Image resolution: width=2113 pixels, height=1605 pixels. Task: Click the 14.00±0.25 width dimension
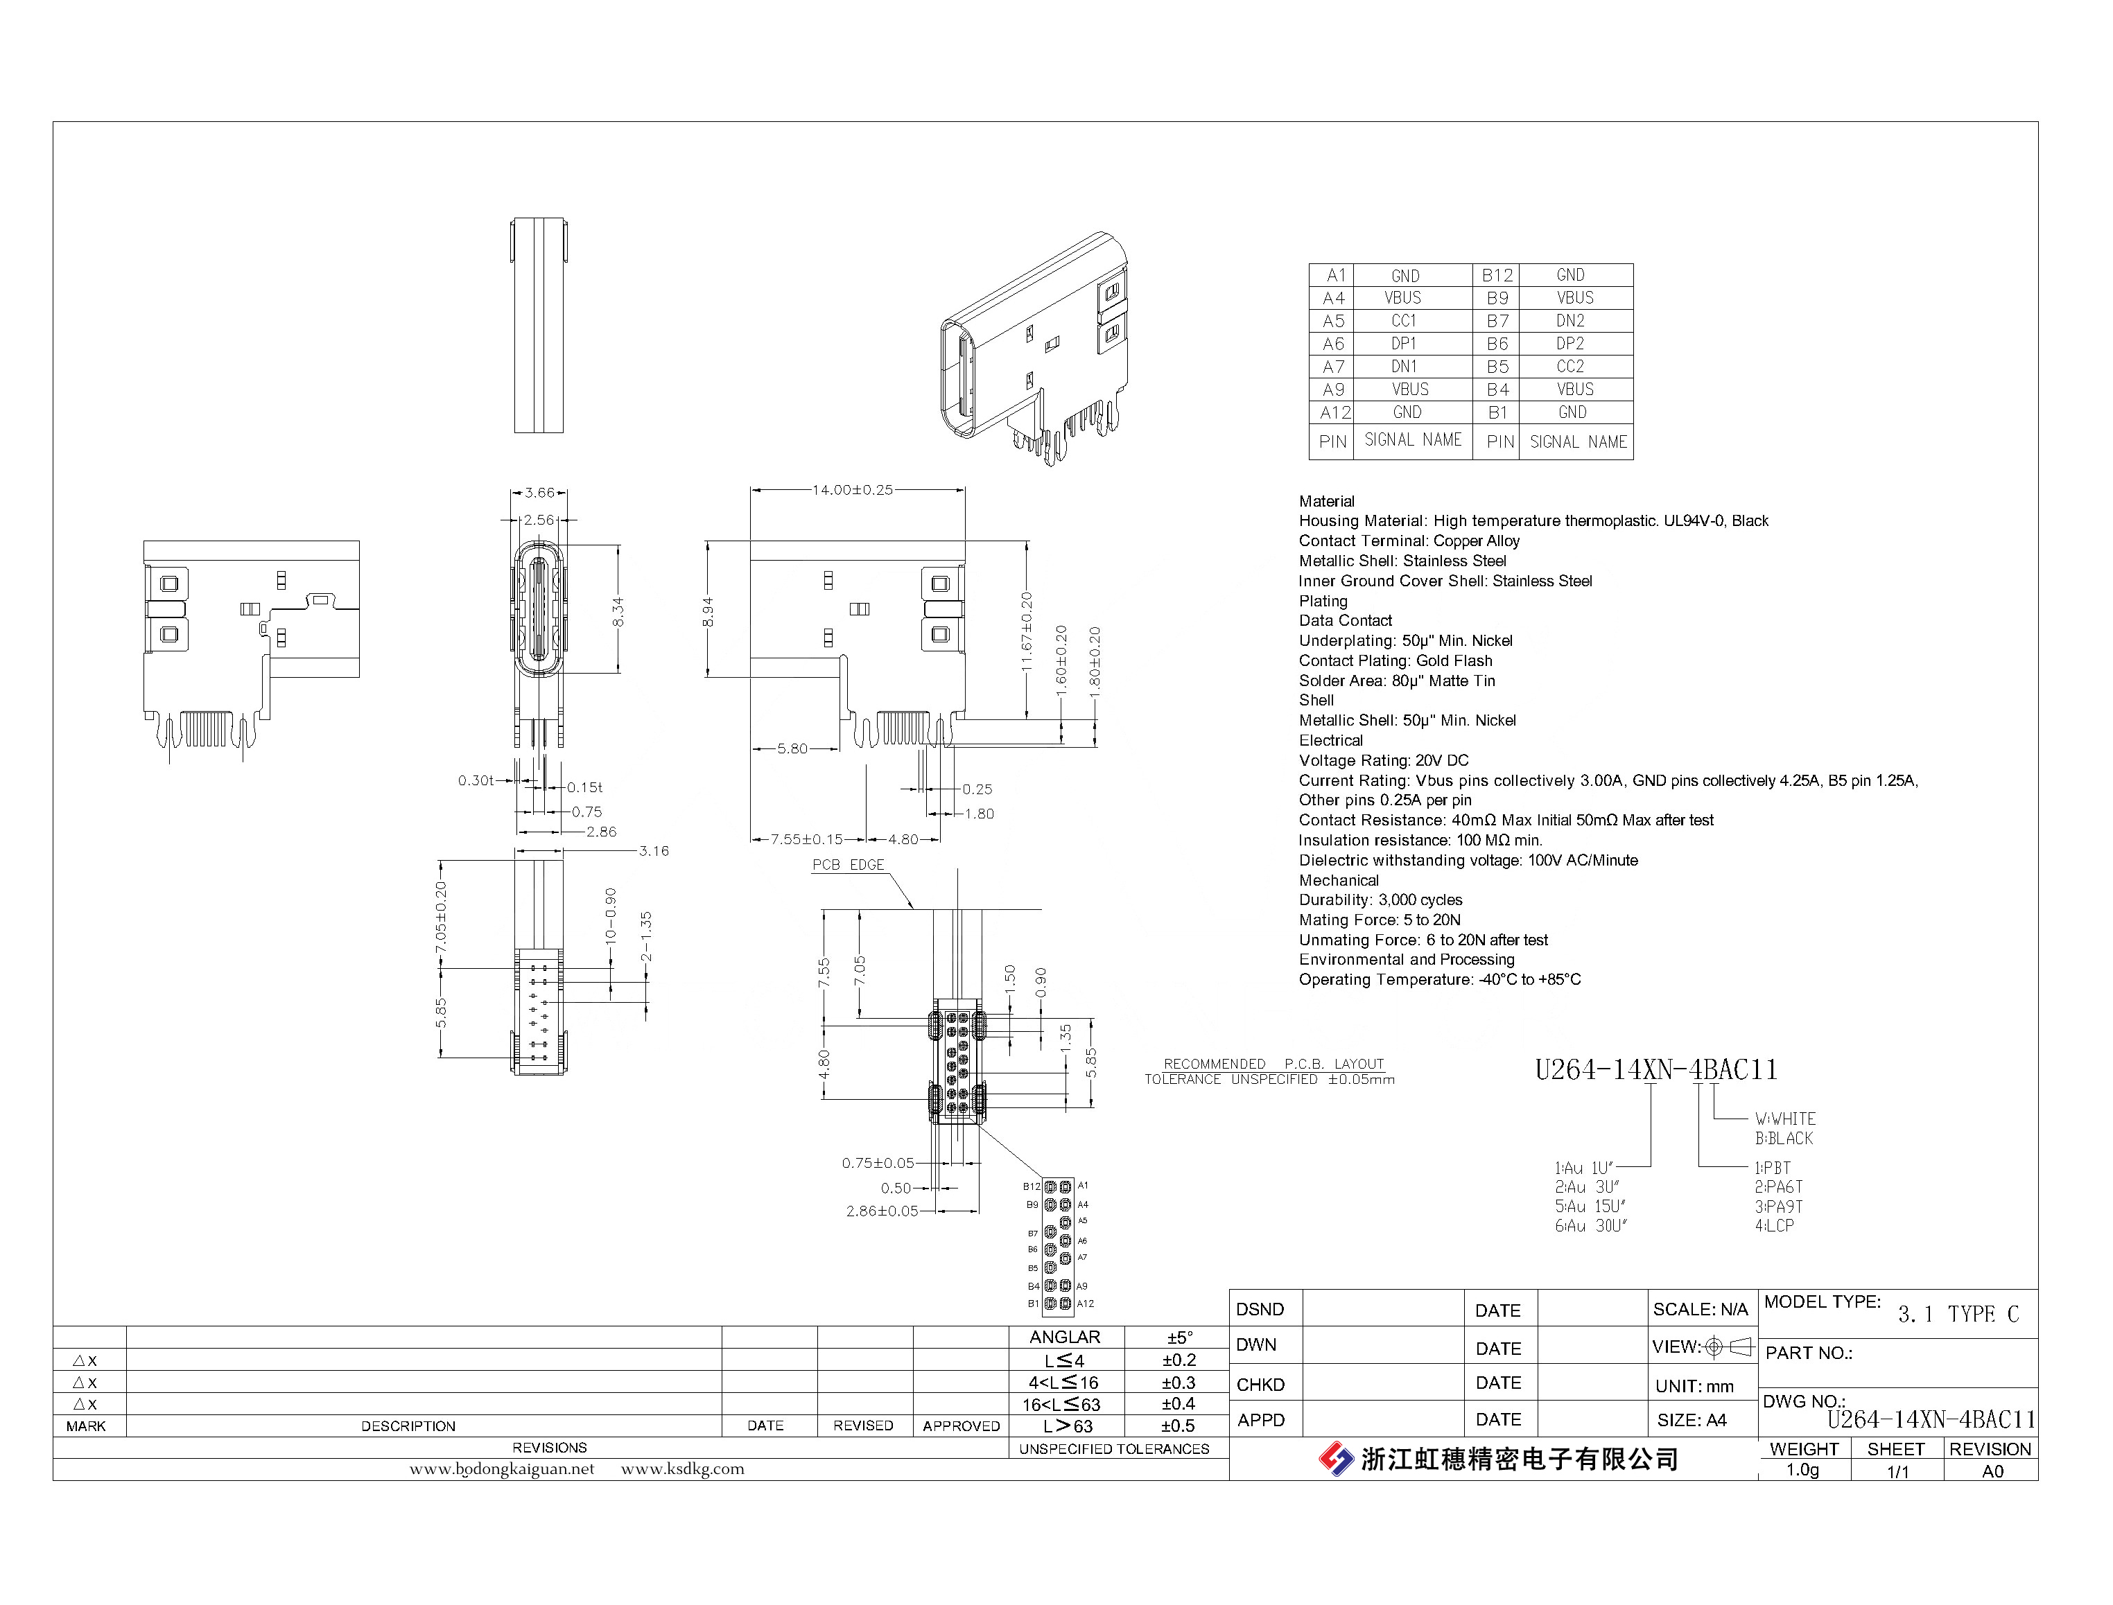tap(853, 490)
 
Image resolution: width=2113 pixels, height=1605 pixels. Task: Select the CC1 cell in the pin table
tap(1404, 321)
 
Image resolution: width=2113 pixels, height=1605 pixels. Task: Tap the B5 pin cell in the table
tap(1497, 367)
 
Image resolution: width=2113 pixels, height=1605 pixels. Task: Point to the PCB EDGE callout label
tap(848, 865)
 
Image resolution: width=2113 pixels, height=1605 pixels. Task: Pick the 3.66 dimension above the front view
tap(539, 493)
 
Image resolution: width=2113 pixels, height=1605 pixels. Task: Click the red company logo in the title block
tap(1336, 1459)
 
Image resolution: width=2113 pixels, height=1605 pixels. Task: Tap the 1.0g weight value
tap(1802, 1471)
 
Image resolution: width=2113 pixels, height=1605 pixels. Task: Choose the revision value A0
tap(1992, 1471)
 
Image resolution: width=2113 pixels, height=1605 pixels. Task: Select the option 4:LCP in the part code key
tap(1774, 1226)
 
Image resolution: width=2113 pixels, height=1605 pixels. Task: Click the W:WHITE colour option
tap(1784, 1119)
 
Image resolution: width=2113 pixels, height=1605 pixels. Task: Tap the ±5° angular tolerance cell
tap(1179, 1337)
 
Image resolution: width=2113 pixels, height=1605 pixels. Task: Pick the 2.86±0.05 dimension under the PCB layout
tap(881, 1211)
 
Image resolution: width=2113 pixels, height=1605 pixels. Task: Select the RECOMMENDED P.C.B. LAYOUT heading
tap(1273, 1064)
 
